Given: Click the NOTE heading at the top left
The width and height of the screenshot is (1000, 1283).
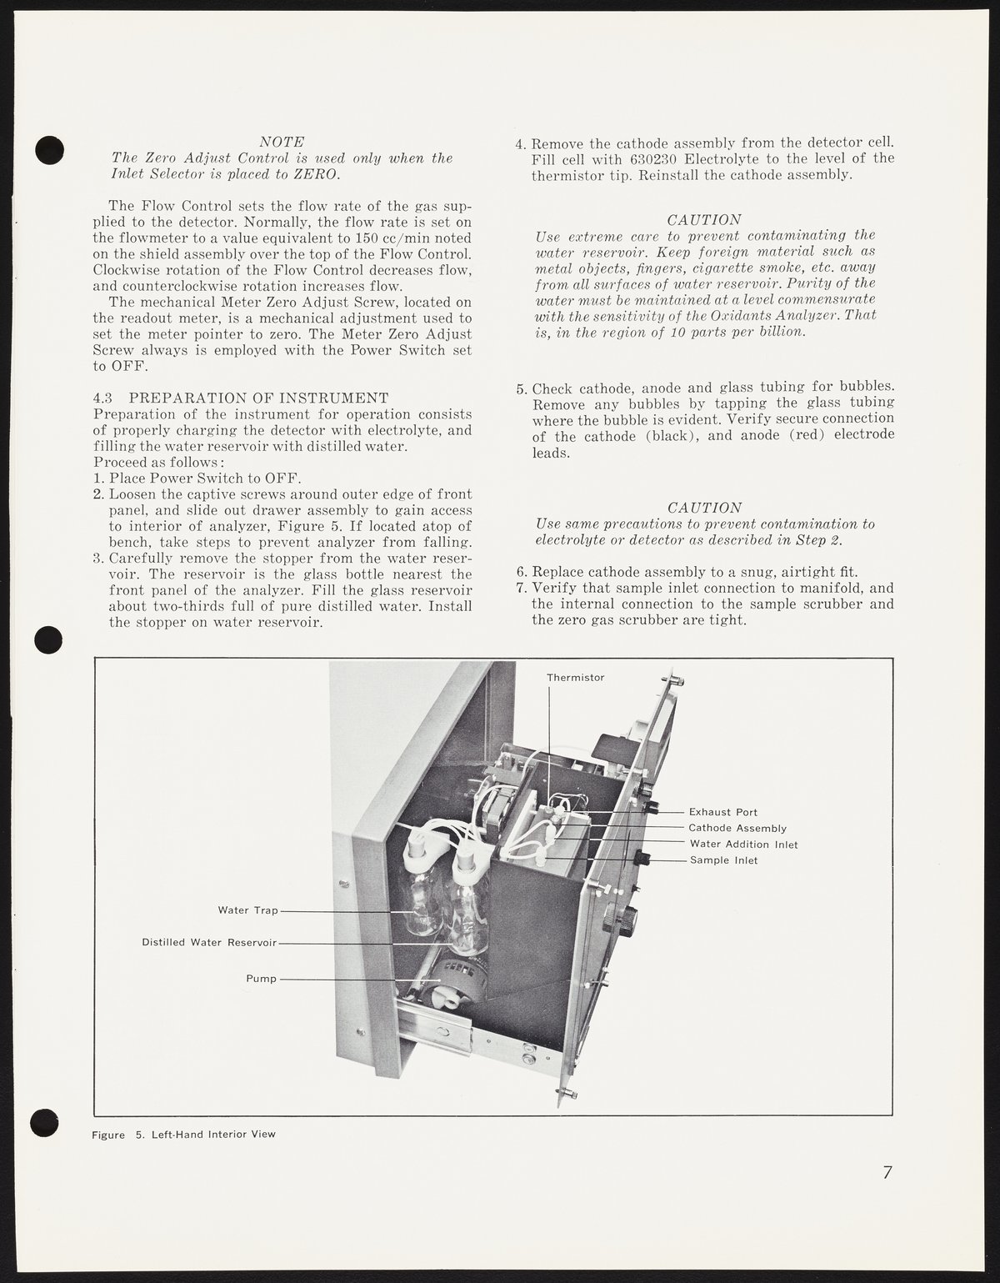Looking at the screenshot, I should tap(281, 143).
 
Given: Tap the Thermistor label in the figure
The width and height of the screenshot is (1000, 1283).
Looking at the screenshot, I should tap(575, 678).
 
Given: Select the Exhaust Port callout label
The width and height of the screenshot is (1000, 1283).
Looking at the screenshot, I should tap(722, 811).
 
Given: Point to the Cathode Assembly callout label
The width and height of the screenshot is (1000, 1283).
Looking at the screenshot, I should tap(737, 828).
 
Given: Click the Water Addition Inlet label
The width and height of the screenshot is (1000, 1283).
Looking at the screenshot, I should tap(742, 844).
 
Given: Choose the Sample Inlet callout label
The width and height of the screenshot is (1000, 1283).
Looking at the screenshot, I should tap(723, 860).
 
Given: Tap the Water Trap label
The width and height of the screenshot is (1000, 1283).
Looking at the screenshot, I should tap(247, 910).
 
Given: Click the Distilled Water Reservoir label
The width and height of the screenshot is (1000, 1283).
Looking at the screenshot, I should tap(208, 943).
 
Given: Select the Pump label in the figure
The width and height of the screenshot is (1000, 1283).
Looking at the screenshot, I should tap(261, 979).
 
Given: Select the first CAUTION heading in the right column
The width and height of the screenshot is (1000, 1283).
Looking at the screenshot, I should tap(704, 220).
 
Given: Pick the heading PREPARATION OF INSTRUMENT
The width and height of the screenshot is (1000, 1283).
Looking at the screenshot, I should tap(258, 397).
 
